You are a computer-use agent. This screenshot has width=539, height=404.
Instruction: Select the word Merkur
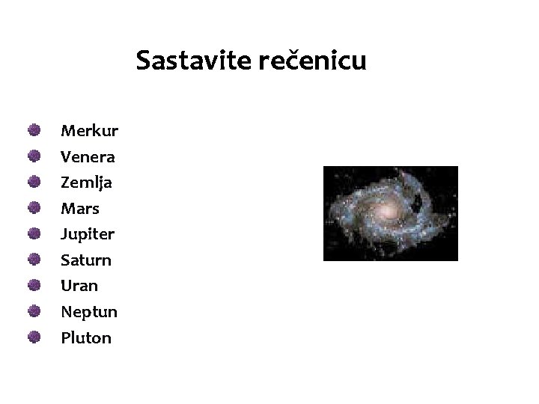point(89,132)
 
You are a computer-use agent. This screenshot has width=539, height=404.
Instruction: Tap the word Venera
point(88,157)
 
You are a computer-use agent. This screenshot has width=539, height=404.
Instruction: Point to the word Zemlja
point(86,183)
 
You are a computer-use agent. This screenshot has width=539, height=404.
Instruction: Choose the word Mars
point(80,209)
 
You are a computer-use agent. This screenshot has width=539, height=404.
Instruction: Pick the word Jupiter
point(88,235)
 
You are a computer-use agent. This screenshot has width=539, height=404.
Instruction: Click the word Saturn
point(86,260)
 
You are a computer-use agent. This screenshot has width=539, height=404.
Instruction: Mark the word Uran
point(79,286)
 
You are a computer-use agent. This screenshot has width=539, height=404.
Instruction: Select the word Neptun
point(89,312)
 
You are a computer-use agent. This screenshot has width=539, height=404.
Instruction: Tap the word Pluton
point(86,337)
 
